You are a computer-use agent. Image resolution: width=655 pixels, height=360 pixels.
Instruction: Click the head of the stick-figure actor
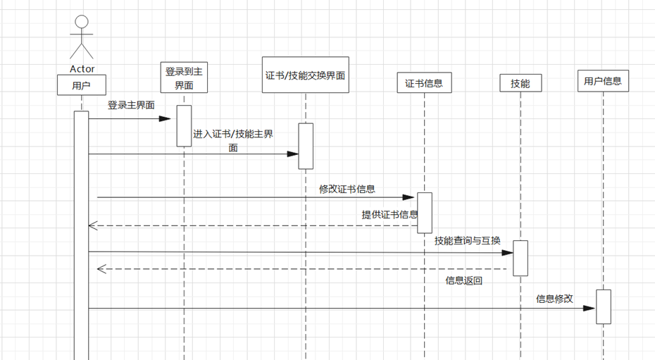(x=82, y=22)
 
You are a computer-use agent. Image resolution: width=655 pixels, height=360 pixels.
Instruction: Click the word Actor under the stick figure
(x=82, y=69)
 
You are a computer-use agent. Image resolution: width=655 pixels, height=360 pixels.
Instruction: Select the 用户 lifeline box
(x=82, y=85)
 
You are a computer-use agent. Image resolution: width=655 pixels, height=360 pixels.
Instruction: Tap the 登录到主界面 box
(x=184, y=77)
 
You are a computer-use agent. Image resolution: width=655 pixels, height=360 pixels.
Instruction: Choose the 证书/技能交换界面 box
(x=306, y=75)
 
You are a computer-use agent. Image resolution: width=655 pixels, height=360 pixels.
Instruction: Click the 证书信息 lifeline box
(x=424, y=83)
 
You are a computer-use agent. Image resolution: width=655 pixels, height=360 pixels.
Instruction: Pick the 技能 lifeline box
(x=520, y=83)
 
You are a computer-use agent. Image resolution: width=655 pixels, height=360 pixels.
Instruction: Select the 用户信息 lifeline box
(x=603, y=81)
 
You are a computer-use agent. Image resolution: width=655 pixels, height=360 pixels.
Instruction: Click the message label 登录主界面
(x=132, y=105)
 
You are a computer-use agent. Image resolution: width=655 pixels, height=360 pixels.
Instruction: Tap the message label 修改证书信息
(x=347, y=189)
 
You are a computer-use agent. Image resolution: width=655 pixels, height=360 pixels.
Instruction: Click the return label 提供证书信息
(x=389, y=215)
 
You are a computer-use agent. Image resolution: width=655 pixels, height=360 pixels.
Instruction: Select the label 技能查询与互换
(x=468, y=241)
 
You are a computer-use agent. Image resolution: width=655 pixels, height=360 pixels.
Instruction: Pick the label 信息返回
(x=464, y=280)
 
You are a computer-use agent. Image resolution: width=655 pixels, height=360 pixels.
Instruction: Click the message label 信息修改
(x=555, y=299)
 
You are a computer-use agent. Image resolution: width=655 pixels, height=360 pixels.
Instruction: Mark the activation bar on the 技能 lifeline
(x=520, y=258)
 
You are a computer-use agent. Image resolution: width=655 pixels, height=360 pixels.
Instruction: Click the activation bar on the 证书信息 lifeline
(x=424, y=212)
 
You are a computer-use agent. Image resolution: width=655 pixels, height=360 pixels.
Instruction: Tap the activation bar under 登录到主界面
(x=184, y=125)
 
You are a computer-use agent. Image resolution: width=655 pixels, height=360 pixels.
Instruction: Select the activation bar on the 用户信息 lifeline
(x=604, y=306)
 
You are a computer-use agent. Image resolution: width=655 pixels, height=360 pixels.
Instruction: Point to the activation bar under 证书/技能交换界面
(x=306, y=146)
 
